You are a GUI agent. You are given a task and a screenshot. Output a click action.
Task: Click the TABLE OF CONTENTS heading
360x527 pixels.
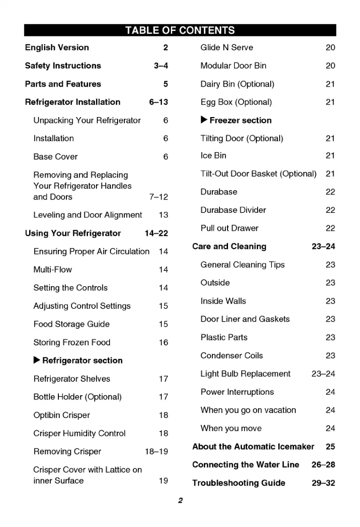(180, 30)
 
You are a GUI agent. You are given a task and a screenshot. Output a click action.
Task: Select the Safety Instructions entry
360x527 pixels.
(63, 66)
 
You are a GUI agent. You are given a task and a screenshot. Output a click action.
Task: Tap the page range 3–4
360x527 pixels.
(161, 66)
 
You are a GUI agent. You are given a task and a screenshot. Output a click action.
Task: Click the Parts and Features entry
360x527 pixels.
(63, 84)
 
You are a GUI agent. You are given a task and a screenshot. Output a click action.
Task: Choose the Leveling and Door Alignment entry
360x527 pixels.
(88, 215)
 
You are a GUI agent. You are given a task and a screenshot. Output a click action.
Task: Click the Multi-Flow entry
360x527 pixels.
(53, 270)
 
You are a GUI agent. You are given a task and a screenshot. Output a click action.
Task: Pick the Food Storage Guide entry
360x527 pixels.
(71, 324)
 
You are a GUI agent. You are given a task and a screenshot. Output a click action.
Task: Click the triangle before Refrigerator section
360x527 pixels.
(37, 361)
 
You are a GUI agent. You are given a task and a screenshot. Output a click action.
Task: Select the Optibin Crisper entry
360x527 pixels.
(61, 415)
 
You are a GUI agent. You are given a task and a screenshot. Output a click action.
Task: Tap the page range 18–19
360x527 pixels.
(156, 452)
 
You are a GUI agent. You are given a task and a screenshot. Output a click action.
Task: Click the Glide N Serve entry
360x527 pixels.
(227, 48)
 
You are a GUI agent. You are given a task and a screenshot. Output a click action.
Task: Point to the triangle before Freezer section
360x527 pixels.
(204, 120)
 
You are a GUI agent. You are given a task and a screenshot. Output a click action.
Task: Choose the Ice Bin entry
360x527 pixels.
(213, 156)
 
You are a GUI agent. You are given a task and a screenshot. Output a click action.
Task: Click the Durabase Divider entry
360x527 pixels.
(233, 210)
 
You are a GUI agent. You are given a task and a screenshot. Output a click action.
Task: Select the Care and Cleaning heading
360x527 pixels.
(229, 247)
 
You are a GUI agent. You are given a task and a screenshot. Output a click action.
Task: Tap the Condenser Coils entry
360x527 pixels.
(232, 356)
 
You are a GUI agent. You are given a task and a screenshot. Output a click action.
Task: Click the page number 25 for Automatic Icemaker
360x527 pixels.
(330, 447)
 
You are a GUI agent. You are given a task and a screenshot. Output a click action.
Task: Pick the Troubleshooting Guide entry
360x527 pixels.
(238, 483)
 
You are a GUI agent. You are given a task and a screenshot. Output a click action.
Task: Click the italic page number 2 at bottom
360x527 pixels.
(180, 501)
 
